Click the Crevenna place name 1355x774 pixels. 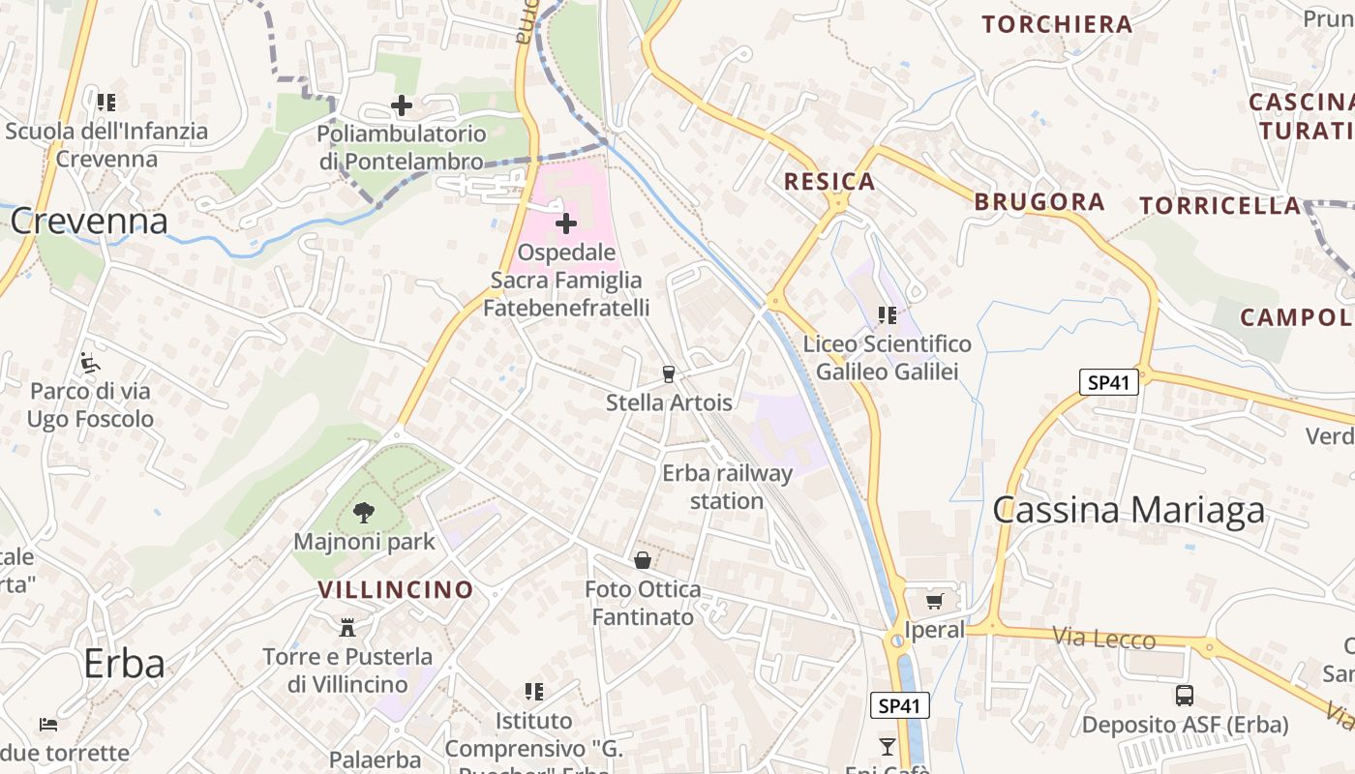[89, 222]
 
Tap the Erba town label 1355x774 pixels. [124, 664]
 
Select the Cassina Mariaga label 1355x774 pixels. [1129, 510]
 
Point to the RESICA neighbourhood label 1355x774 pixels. [829, 181]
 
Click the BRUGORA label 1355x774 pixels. [1039, 201]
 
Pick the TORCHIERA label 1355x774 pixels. [1057, 24]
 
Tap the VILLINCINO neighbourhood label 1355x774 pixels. [396, 589]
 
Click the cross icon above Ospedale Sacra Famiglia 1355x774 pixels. [566, 224]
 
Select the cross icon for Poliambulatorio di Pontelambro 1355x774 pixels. [402, 104]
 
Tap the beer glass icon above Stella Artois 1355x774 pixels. [668, 373]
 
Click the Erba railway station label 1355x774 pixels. [727, 487]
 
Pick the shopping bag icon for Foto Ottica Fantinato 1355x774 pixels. [643, 560]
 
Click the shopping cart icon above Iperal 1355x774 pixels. [934, 602]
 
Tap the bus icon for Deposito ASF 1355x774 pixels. [1185, 695]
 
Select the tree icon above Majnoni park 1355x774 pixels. [364, 513]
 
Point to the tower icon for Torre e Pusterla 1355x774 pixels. [347, 628]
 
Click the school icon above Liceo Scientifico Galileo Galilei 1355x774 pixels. [887, 314]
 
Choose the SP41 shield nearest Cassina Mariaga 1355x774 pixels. [1108, 382]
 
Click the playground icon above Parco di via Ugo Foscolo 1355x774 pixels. [90, 363]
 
